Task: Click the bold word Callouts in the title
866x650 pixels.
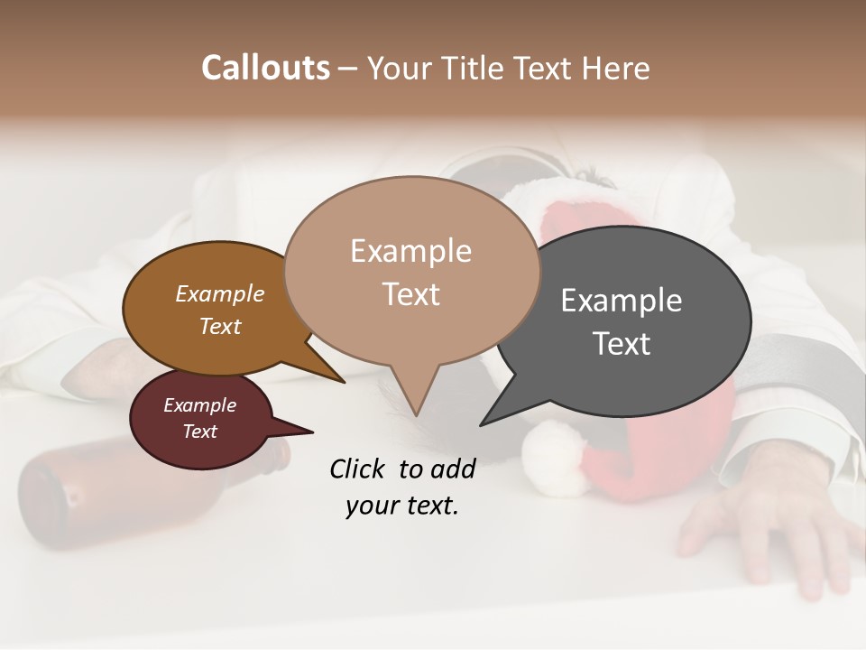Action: (265, 68)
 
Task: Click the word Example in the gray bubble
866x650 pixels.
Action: (621, 301)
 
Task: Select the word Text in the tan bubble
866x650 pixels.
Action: (411, 294)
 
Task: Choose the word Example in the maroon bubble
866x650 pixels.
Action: (199, 405)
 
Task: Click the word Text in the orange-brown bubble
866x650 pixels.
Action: (219, 326)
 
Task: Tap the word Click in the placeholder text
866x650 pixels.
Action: (359, 469)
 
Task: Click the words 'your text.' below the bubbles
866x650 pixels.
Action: (401, 506)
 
